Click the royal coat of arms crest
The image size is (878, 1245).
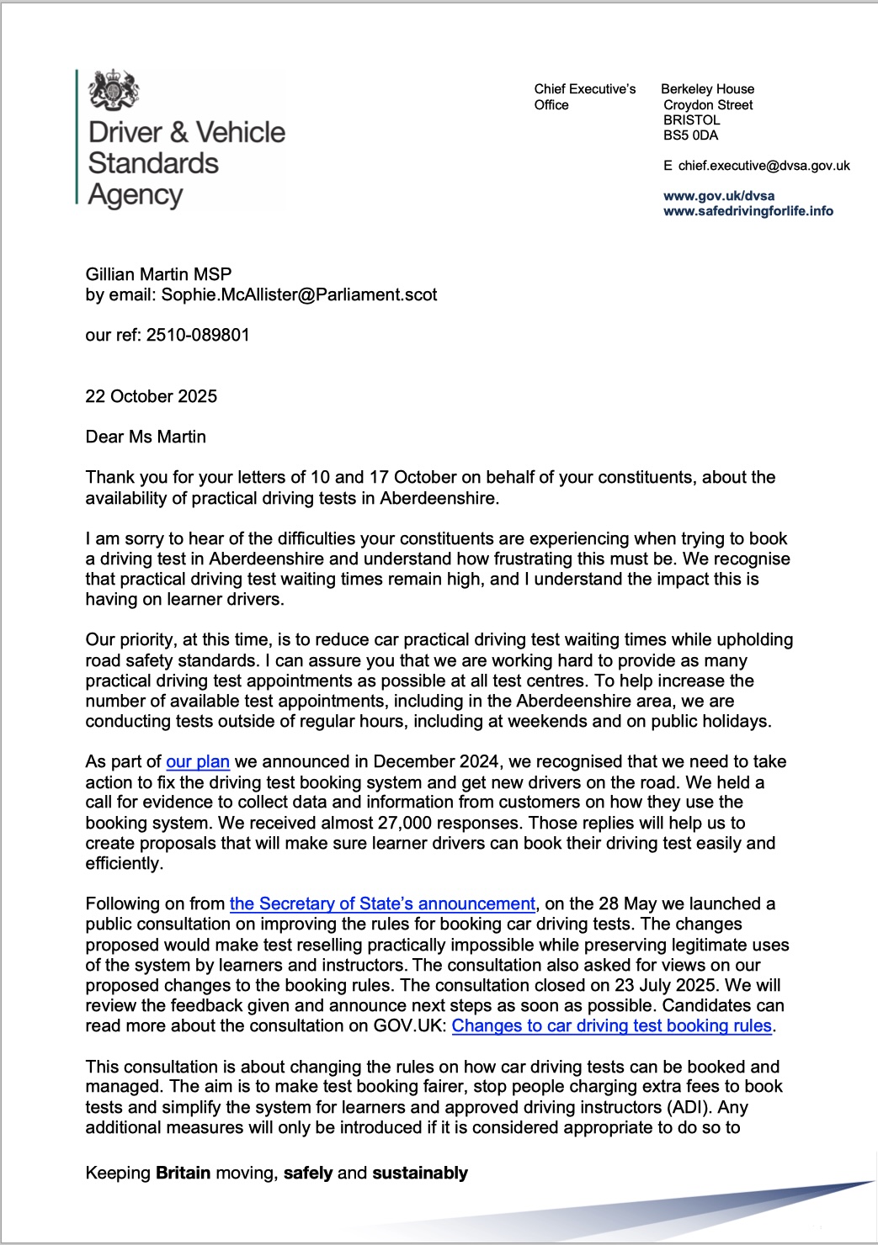(114, 90)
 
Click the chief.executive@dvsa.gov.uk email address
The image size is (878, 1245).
(764, 166)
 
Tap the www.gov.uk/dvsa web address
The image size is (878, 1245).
(719, 196)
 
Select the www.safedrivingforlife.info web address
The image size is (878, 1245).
(748, 211)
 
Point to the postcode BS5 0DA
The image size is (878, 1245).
(690, 135)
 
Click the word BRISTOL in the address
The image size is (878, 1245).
(691, 120)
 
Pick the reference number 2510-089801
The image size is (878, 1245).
(198, 335)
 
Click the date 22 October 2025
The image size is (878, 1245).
(152, 396)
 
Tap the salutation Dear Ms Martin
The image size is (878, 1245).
(146, 437)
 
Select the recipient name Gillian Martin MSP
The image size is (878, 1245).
(158, 274)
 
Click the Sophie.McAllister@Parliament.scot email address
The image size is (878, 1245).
(299, 294)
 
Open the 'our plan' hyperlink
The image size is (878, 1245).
(198, 761)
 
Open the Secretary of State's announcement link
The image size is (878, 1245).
(382, 903)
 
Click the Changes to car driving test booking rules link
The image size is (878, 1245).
(611, 1025)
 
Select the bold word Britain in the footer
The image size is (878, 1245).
(183, 1173)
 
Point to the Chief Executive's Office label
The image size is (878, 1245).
(584, 97)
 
